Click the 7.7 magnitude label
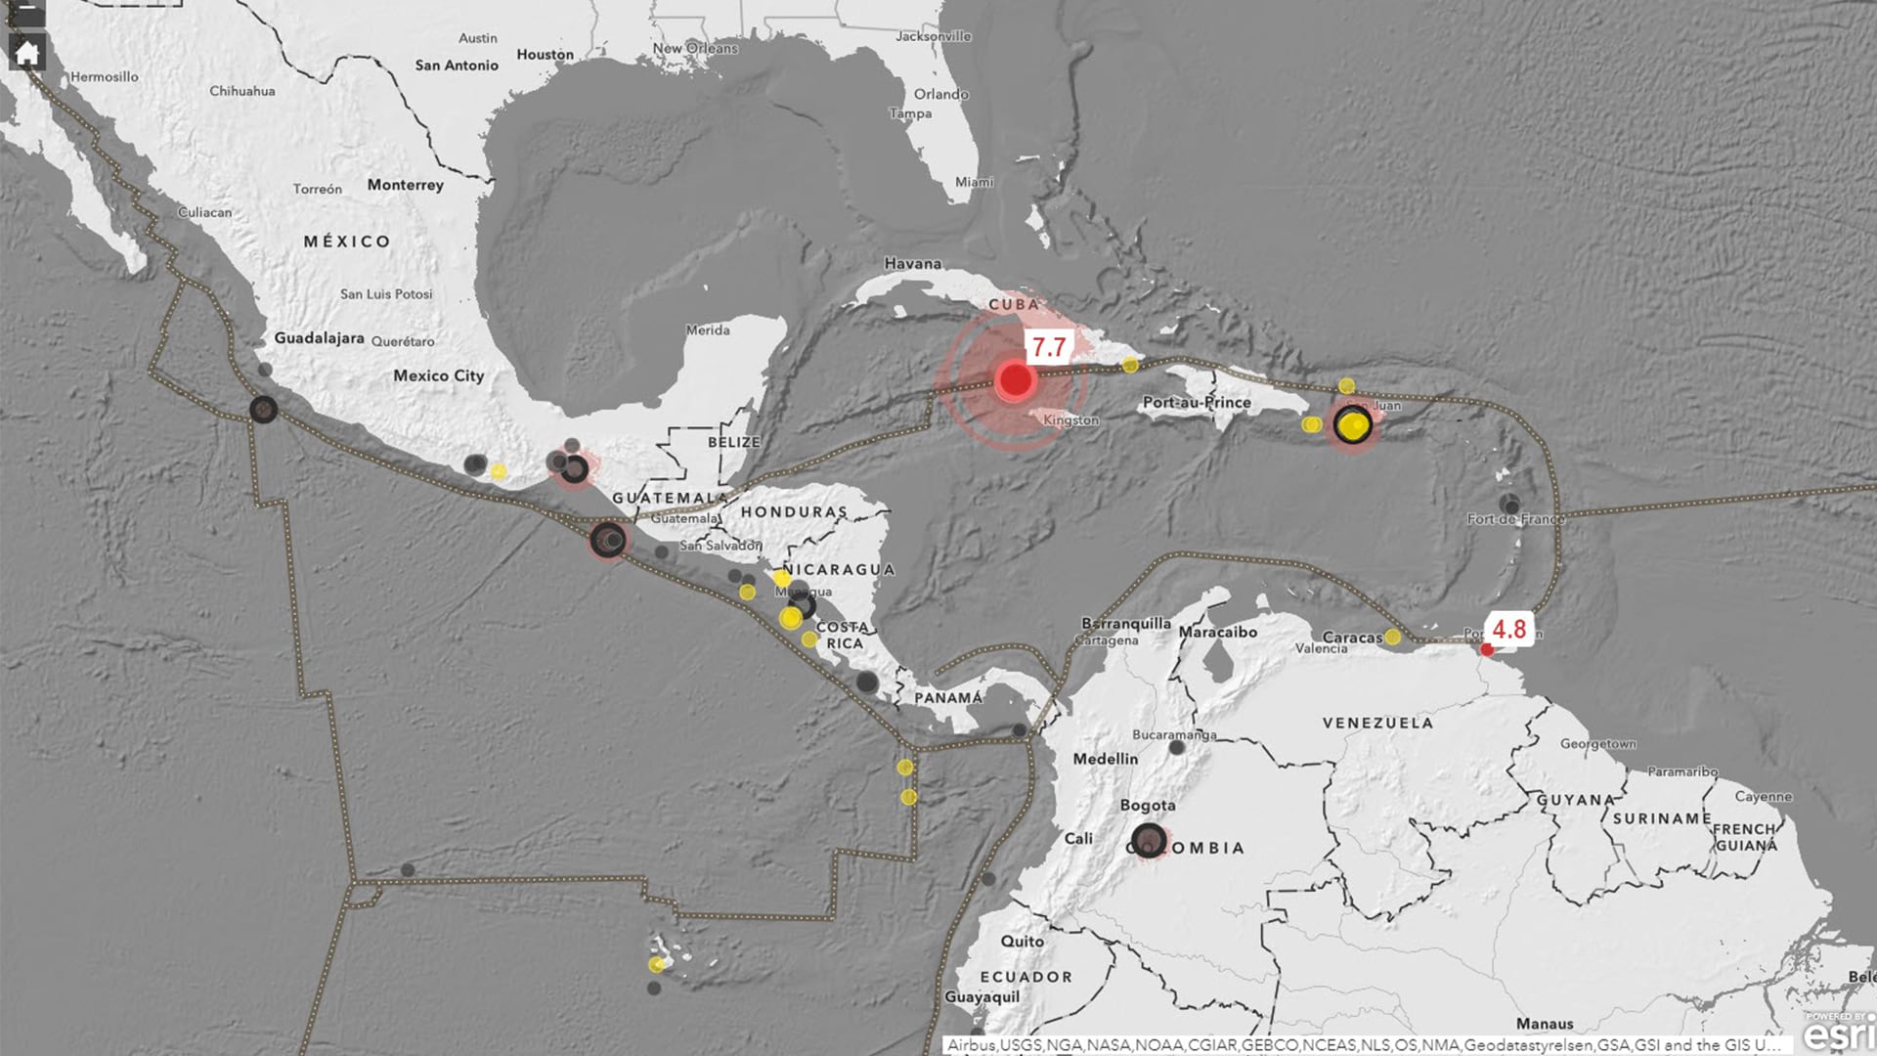[x=1048, y=347]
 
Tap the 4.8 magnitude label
[x=1508, y=629]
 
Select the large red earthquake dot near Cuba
[x=1015, y=379]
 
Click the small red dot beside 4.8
[x=1487, y=649]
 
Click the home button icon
[x=26, y=53]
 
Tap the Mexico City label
[x=438, y=375]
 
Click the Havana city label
[x=912, y=263]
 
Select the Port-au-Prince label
[x=1197, y=402]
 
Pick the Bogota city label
[x=1148, y=806]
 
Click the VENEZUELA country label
[x=1377, y=723]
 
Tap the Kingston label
[x=1070, y=420]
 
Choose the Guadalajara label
[x=319, y=338]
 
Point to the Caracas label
[x=1352, y=638]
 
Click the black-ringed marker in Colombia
[x=1149, y=840]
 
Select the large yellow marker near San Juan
[x=1353, y=425]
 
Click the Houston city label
[x=545, y=55]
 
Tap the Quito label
[x=1022, y=941]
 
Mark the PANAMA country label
[x=947, y=698]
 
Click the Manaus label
[x=1545, y=1024]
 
